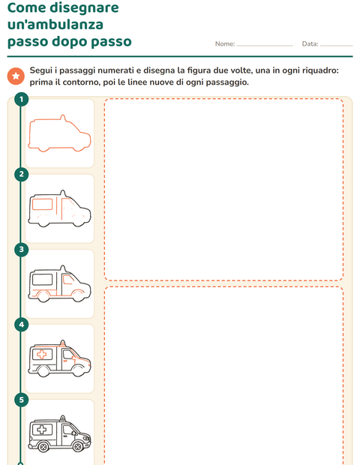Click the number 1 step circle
point(21,99)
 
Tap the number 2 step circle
point(21,174)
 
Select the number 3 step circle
point(21,250)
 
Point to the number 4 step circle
point(21,325)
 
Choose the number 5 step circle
point(21,400)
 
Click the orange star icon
point(16,76)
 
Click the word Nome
point(225,44)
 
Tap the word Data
point(310,44)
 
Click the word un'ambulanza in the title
point(55,24)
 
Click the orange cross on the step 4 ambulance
point(42,354)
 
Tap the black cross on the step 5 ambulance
point(42,429)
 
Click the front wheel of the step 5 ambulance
point(78,446)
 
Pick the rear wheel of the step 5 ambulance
point(43,446)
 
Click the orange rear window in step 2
point(43,205)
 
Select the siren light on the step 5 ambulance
point(62,418)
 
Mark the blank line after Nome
point(265,46)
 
